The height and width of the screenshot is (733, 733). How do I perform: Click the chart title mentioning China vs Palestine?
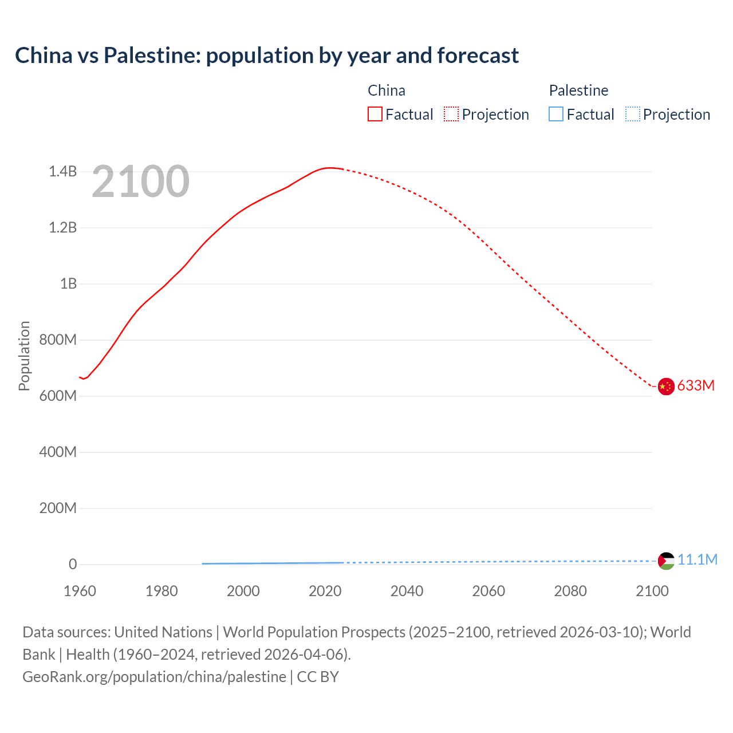pos(267,56)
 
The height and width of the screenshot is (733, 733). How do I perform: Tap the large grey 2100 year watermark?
pos(140,182)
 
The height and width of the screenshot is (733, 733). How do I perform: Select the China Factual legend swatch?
pos(375,115)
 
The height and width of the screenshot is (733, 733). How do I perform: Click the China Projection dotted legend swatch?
pos(451,115)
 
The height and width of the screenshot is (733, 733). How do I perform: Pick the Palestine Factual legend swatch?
pos(556,115)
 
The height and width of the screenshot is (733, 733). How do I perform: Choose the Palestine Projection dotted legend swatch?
pos(633,115)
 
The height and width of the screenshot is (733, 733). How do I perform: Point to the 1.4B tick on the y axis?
pos(62,171)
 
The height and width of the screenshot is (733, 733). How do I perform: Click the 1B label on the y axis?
pos(68,284)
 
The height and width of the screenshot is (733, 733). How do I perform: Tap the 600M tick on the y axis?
pos(58,396)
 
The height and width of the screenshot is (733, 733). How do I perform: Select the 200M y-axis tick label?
pos(58,508)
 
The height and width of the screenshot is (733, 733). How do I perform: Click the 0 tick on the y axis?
pos(73,564)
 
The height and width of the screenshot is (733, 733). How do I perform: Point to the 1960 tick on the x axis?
pos(80,591)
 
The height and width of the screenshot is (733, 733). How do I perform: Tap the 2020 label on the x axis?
pos(325,591)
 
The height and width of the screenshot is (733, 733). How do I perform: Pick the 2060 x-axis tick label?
pos(488,591)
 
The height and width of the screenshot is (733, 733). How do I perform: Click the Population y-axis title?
pos(24,356)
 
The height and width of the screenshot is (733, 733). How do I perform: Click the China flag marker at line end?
pos(665,387)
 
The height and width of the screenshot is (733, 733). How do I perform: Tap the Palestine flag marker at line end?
pos(666,561)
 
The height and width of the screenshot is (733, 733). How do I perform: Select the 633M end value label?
pos(696,385)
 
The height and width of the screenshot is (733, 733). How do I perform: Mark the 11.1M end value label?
pos(697,559)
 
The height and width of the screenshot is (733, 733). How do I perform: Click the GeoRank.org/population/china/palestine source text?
pos(154,677)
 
